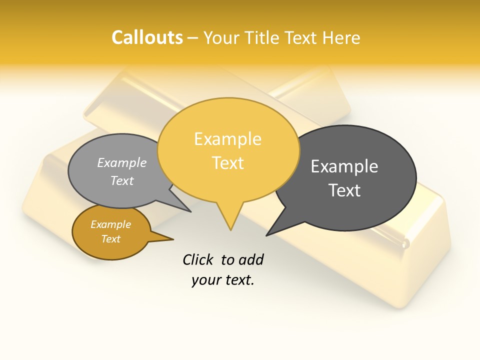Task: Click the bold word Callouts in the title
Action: click(x=147, y=37)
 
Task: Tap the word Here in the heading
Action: click(x=341, y=38)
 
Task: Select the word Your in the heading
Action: click(x=221, y=38)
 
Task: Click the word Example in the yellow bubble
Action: click(x=227, y=139)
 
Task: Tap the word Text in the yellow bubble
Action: click(x=228, y=163)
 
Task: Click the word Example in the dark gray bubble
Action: click(x=344, y=166)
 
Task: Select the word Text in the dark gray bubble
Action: click(x=344, y=190)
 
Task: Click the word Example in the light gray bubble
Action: click(x=122, y=163)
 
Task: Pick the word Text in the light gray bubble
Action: click(x=121, y=180)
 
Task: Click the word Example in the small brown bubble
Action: click(x=110, y=224)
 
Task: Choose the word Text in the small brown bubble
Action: click(x=110, y=239)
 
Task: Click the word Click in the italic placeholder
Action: click(x=198, y=259)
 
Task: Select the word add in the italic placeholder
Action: click(x=250, y=259)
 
